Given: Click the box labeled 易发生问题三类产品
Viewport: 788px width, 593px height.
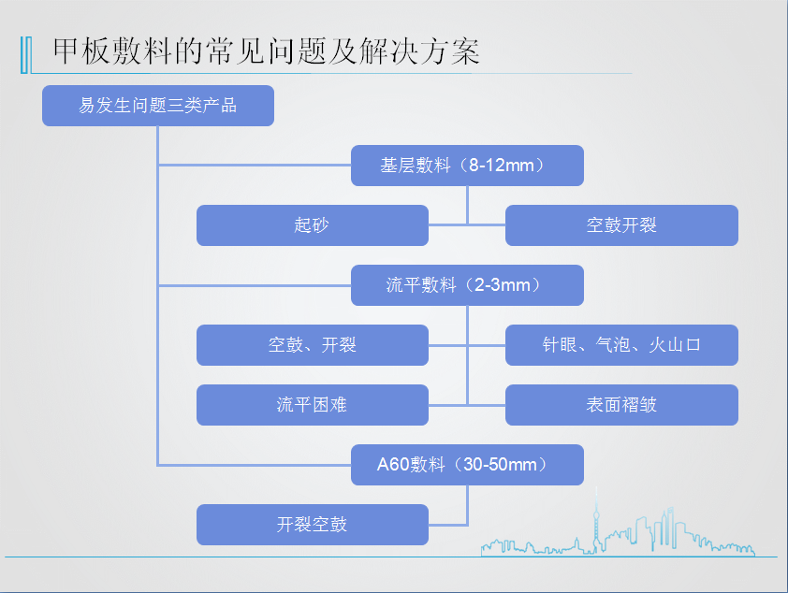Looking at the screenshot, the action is coord(158,106).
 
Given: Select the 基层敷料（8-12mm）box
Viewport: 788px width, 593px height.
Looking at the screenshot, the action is coord(467,166).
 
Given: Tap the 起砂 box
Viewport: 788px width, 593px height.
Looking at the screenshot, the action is coord(312,225).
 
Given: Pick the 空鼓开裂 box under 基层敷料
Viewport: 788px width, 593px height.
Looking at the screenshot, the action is coord(621,225).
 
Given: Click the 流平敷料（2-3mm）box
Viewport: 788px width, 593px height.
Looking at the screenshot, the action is coord(467,285).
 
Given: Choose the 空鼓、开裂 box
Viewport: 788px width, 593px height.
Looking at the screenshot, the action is coord(312,345).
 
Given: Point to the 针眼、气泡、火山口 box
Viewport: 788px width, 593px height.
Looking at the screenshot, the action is coord(621,345).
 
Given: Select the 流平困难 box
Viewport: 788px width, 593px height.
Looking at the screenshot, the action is coord(312,405).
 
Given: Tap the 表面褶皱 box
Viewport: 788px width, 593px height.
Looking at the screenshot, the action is coord(621,405).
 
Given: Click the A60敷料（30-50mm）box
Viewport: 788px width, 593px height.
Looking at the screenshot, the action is coord(467,465).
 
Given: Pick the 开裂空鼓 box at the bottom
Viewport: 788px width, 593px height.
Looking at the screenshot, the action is coord(312,525).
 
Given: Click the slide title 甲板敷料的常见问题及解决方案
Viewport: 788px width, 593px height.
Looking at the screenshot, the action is coord(267,51).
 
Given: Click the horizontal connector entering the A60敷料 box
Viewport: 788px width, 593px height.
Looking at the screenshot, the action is coord(255,465).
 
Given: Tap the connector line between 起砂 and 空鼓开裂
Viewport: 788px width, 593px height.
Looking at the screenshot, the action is coord(467,225).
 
